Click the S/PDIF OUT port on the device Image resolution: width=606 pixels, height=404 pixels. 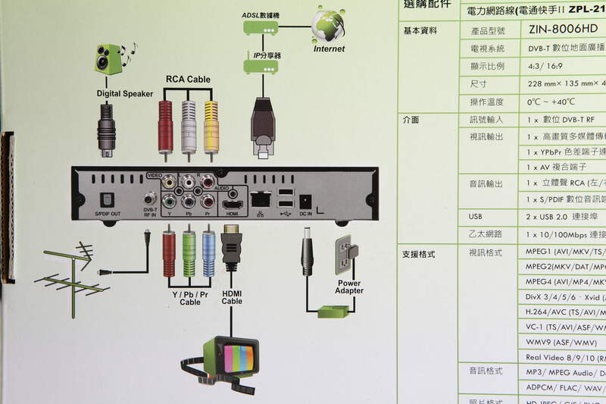[x=107, y=201]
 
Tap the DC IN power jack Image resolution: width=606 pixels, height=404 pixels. [x=306, y=202]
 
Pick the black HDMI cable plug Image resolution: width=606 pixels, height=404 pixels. [x=231, y=247]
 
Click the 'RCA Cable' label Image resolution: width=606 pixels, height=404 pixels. [x=188, y=79]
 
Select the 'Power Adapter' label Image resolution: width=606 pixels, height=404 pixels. [x=349, y=287]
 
